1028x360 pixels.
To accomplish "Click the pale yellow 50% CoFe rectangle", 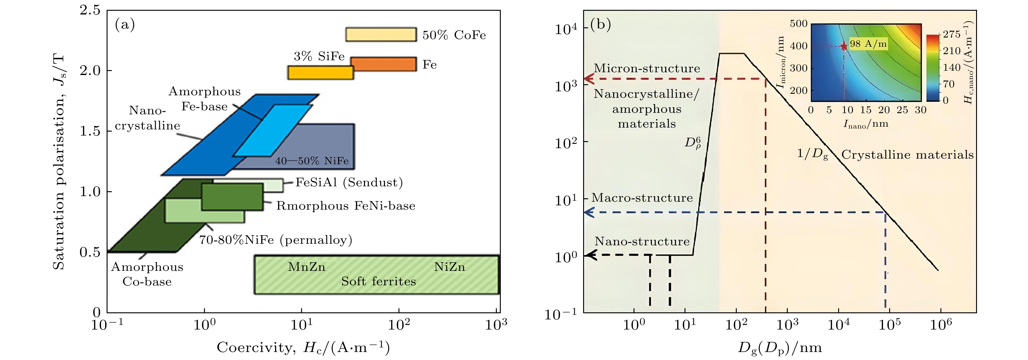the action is (x=381, y=35).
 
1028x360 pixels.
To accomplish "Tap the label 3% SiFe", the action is (x=319, y=56).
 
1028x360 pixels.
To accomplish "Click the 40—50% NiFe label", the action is (x=312, y=161).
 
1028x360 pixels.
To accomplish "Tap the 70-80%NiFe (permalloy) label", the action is (x=276, y=240).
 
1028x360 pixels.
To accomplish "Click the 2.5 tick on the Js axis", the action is (x=90, y=10).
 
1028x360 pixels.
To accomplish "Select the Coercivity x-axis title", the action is (x=303, y=347).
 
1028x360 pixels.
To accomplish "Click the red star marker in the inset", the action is (x=844, y=46).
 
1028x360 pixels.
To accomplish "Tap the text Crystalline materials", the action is (x=908, y=155).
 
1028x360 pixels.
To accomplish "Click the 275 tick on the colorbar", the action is (x=952, y=34).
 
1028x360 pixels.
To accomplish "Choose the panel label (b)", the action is (x=601, y=25).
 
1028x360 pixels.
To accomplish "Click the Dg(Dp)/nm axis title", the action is (x=780, y=348).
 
